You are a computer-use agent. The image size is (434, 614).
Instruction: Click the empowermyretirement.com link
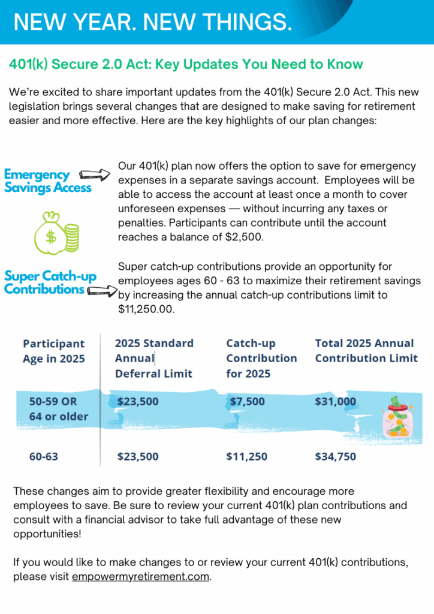(141, 577)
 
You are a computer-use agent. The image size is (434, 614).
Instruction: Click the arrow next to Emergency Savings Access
(95, 174)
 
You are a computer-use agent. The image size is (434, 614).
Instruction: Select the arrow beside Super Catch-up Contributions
(103, 291)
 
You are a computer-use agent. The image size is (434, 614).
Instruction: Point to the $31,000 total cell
(335, 402)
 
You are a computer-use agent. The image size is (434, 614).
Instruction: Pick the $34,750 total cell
(335, 456)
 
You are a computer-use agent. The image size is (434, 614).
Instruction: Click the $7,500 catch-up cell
(247, 402)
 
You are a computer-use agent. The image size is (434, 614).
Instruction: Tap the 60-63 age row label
(44, 456)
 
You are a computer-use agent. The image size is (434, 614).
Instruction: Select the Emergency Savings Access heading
(47, 181)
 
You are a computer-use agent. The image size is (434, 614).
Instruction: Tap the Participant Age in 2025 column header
(54, 351)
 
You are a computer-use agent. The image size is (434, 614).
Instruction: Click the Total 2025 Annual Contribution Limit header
(366, 351)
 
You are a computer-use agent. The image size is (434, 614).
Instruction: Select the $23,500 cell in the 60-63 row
(138, 456)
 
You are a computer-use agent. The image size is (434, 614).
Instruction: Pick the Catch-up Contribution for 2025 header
(261, 358)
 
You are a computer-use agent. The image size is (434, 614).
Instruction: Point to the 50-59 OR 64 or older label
(59, 408)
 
